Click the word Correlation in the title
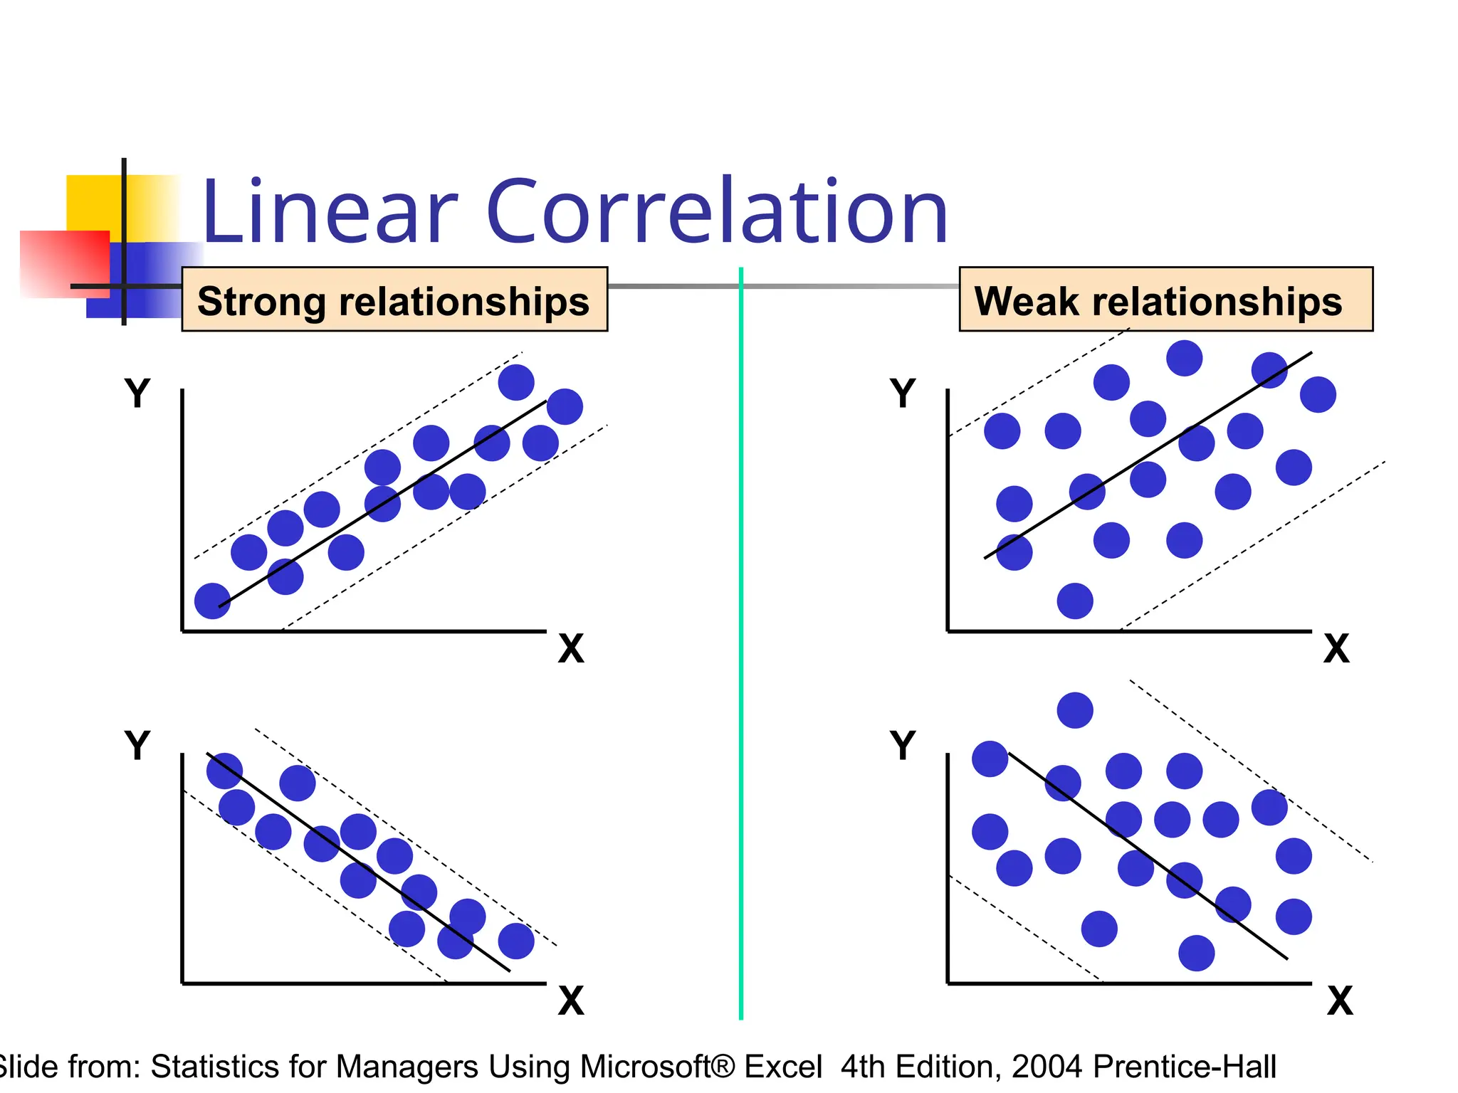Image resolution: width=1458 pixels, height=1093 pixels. [x=717, y=212]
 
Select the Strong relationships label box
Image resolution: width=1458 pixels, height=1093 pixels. [x=394, y=300]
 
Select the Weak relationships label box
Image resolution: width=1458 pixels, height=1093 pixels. [x=1165, y=300]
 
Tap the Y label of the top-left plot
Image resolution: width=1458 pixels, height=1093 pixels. [x=137, y=393]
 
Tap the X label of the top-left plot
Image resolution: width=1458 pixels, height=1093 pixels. [x=571, y=649]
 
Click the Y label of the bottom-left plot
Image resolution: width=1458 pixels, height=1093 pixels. [x=137, y=746]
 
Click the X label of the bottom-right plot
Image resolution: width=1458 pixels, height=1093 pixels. [x=1339, y=1001]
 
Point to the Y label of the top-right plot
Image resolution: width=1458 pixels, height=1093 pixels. [x=903, y=393]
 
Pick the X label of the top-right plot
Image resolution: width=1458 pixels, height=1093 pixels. [x=1336, y=649]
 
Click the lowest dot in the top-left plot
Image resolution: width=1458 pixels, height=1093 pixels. [x=212, y=601]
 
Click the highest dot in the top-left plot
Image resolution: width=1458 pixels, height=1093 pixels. [x=516, y=382]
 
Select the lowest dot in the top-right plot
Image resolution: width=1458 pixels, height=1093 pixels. [x=1075, y=601]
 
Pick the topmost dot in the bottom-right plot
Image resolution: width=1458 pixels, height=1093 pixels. [x=1075, y=710]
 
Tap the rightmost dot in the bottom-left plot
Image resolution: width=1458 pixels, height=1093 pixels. [x=516, y=941]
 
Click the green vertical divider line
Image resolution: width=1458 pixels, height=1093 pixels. [x=741, y=640]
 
